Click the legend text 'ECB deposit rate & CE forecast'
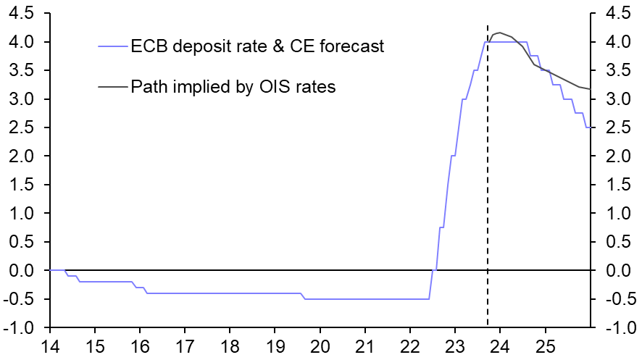pos(257,47)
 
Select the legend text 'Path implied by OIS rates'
pos(233,88)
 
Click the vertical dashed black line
pos(488,181)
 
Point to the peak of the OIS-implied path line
pos(499,33)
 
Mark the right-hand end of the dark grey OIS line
pos(590,89)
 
